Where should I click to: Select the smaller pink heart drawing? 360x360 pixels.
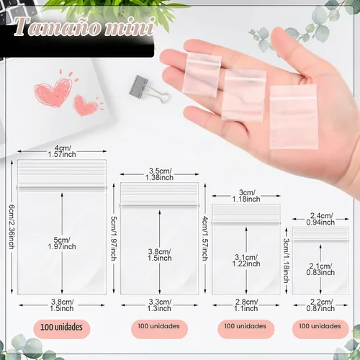coord(86,105)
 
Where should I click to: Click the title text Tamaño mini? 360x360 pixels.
coord(84,27)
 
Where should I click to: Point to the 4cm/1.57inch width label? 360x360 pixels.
coord(62,151)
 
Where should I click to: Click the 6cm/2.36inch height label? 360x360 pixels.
coord(12,227)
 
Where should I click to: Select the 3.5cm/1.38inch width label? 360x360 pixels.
coord(160,174)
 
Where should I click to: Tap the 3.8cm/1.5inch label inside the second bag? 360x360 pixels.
coord(160,255)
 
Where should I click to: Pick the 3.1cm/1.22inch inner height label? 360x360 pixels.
coord(246,261)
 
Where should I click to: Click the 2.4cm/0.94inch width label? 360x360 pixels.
coord(320,219)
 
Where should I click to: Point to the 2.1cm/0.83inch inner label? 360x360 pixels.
coord(320,269)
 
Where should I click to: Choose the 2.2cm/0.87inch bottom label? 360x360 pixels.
coord(320,305)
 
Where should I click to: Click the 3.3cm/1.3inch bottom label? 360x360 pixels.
coord(160,305)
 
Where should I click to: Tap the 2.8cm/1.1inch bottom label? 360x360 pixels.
coord(246,305)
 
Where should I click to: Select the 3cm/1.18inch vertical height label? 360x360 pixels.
coord(286,261)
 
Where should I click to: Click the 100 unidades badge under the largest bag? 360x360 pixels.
coord(62,328)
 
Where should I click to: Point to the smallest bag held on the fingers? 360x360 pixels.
coord(202,75)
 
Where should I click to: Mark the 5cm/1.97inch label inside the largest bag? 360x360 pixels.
coord(62,243)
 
